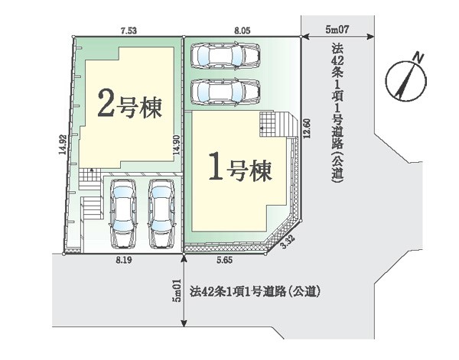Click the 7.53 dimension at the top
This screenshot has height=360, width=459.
coord(129,31)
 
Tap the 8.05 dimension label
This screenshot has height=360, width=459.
coord(243,31)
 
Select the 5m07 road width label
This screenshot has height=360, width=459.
coord(337,29)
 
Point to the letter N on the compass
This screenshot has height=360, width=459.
coord(418,58)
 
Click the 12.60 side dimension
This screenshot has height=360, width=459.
coord(307,128)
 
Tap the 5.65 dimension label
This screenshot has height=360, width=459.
coord(225,261)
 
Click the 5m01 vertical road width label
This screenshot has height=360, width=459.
coord(177,290)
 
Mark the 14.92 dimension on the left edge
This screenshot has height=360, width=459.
coord(62,144)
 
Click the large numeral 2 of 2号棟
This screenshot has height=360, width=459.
coord(106,103)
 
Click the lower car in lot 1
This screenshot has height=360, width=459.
coord(226,92)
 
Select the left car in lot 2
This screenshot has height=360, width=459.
coord(123,213)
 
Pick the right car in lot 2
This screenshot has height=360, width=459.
coord(161,213)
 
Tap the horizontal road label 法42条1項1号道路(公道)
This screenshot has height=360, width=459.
coord(254,291)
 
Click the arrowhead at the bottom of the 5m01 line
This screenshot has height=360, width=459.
coord(184,323)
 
